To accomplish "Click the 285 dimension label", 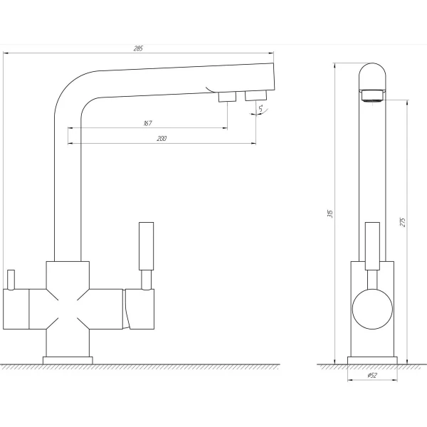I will (138, 48).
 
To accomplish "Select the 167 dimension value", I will (147, 123).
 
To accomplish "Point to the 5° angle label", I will (262, 109).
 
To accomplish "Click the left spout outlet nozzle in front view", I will (227, 97).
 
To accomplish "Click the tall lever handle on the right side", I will (145, 246).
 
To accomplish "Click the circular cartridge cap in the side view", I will (371, 311).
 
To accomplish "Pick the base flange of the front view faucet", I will (68, 359).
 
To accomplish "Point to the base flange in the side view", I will (371, 359).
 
